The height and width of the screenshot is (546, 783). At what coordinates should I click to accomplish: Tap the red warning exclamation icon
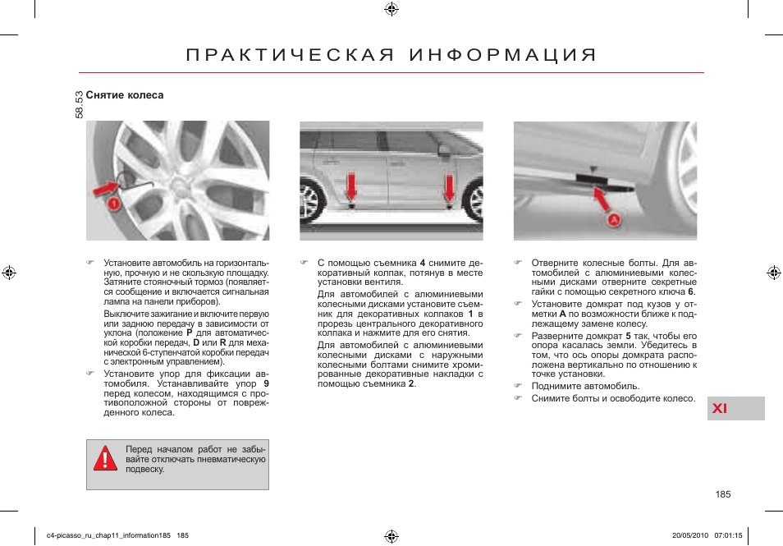pos(104,459)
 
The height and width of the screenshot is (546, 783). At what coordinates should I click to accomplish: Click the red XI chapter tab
pos(719,409)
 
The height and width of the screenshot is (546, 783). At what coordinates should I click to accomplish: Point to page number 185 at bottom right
pos(722,494)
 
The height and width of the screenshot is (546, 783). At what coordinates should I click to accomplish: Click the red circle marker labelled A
pos(613,219)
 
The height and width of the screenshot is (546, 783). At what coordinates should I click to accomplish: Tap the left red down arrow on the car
pos(351,187)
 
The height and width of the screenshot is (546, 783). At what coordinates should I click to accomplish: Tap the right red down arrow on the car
pos(449,187)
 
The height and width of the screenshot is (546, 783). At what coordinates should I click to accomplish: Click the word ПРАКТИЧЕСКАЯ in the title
pos(286,56)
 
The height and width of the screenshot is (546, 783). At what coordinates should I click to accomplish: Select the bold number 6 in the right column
pos(691,291)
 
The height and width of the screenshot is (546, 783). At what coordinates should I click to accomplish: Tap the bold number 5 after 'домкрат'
pos(628,336)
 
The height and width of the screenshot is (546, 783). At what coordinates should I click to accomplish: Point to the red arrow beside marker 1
pos(104,190)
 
